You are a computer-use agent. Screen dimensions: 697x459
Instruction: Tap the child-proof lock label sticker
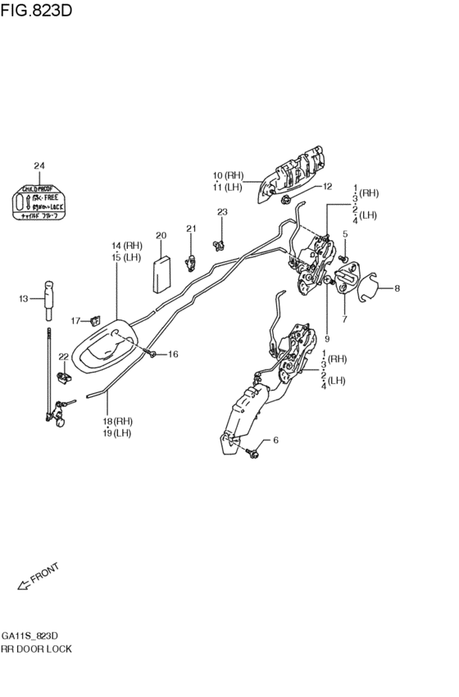pos(39,201)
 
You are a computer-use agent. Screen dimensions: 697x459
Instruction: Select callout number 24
pos(39,166)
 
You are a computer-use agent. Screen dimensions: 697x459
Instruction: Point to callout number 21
pos(190,229)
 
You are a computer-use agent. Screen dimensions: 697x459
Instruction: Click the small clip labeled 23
pos(219,242)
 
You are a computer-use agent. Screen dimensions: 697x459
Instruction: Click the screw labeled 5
pos(344,260)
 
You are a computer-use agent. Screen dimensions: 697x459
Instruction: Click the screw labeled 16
pos(153,353)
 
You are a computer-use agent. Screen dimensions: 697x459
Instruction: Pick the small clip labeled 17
pos(96,319)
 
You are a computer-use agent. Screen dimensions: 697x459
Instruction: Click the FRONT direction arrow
pos(23,585)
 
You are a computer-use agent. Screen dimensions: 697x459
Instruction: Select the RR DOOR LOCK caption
pos(37,649)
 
